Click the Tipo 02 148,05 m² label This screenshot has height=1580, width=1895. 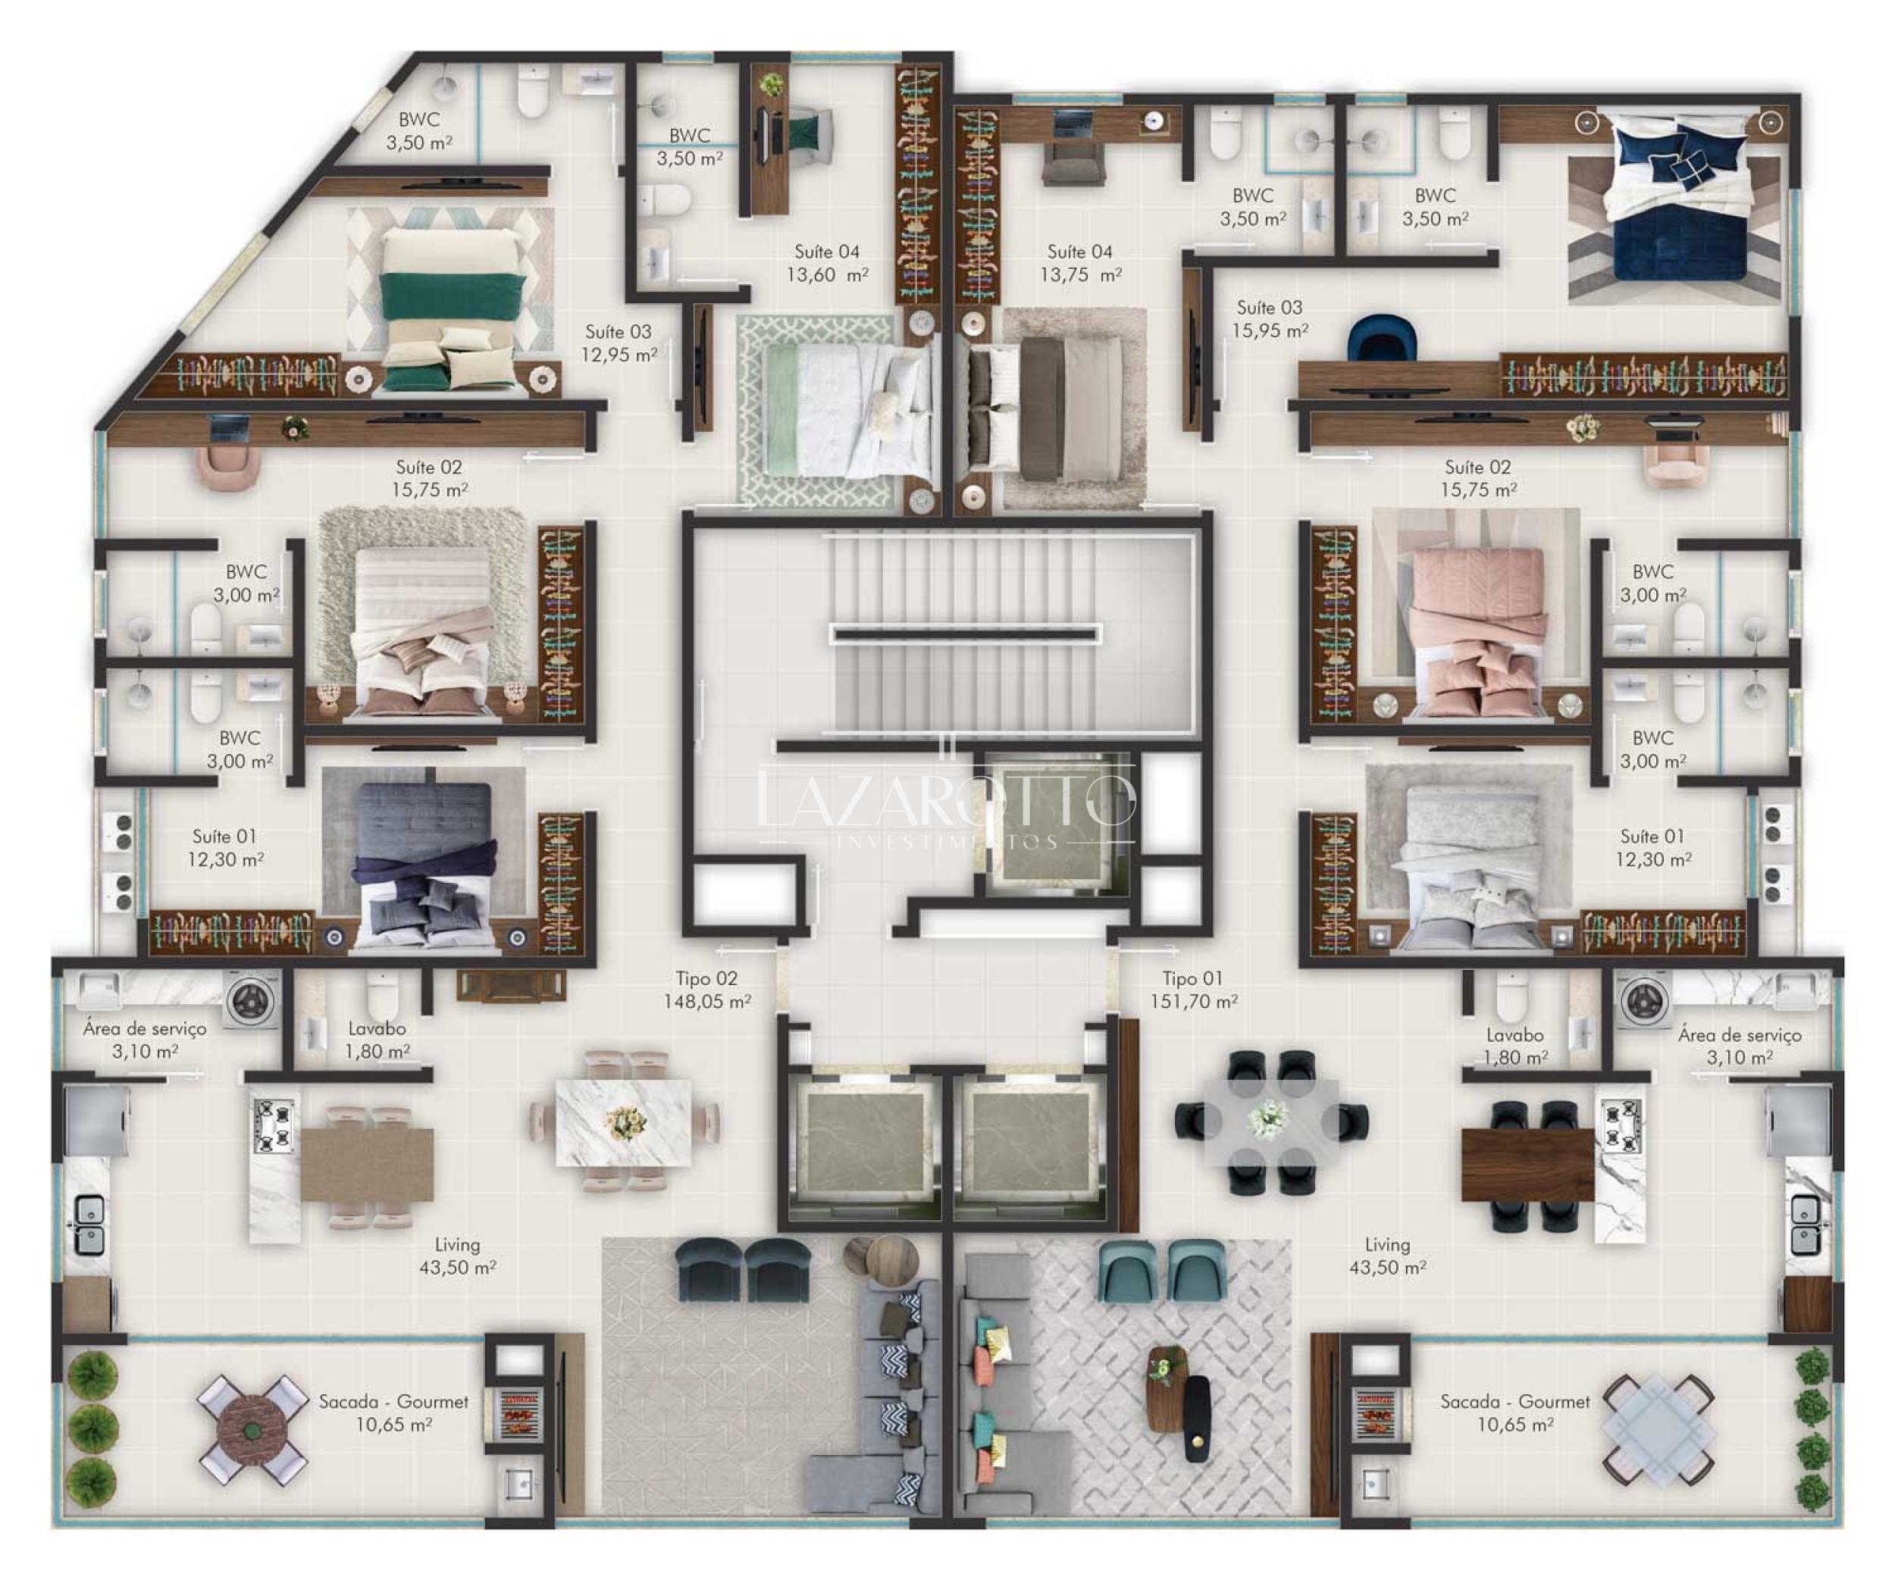click(x=707, y=990)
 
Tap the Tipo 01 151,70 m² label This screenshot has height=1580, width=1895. click(x=1193, y=990)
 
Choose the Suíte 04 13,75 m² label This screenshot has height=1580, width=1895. click(x=1080, y=264)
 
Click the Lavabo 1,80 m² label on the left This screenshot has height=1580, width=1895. click(x=377, y=1040)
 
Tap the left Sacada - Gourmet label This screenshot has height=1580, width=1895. click(x=393, y=1413)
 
